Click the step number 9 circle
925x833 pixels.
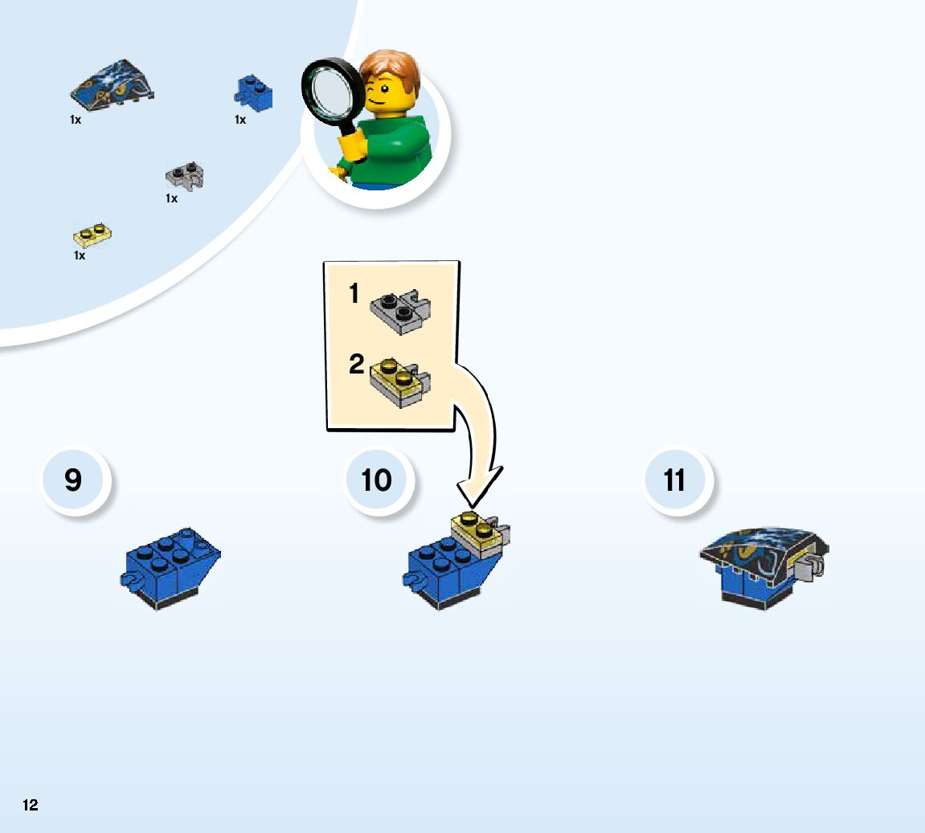point(73,480)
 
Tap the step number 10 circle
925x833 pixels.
point(376,480)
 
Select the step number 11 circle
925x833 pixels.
point(675,480)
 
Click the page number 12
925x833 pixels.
point(31,805)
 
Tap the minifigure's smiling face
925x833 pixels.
point(384,94)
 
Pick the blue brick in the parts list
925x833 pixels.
point(254,94)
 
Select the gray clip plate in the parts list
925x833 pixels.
point(185,175)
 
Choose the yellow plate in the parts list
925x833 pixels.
point(92,235)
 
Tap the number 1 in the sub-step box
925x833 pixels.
point(354,295)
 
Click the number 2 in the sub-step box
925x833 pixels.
point(356,365)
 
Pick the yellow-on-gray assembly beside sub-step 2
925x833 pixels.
point(399,383)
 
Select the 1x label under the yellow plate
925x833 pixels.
point(80,255)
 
